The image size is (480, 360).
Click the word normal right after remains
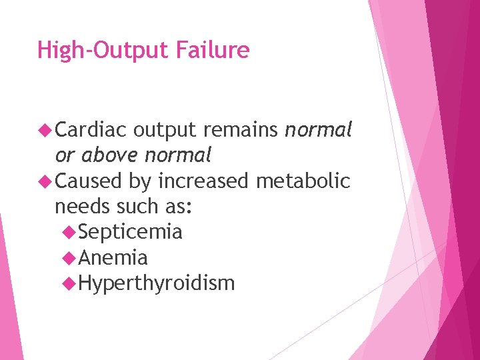[x=318, y=130]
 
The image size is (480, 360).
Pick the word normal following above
[x=177, y=156]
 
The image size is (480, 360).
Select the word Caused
[x=88, y=181]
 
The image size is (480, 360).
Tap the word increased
[x=203, y=181]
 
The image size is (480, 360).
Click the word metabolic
[x=306, y=181]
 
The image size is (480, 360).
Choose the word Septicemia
[x=130, y=232]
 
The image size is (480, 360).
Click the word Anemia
[x=113, y=257]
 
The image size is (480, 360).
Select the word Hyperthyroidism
[x=157, y=283]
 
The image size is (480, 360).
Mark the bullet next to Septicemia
[x=69, y=232]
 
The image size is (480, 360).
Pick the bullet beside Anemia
[x=69, y=257]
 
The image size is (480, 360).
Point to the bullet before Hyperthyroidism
[x=69, y=283]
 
